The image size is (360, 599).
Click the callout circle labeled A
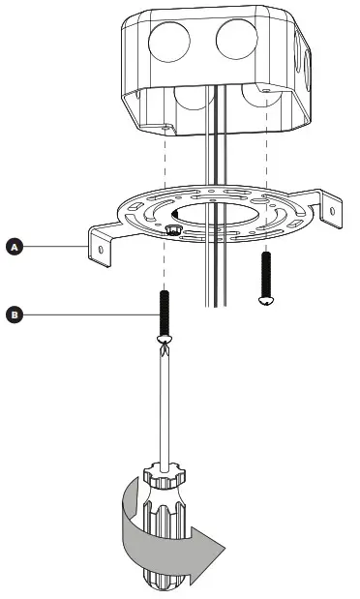[15, 248]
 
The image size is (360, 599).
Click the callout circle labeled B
[15, 314]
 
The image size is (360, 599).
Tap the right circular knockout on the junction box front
[237, 40]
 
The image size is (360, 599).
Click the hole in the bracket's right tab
[336, 206]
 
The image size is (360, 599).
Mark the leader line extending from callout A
[53, 248]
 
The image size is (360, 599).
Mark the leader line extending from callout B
[87, 314]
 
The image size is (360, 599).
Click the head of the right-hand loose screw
[266, 301]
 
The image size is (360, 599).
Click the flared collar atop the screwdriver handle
[167, 474]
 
